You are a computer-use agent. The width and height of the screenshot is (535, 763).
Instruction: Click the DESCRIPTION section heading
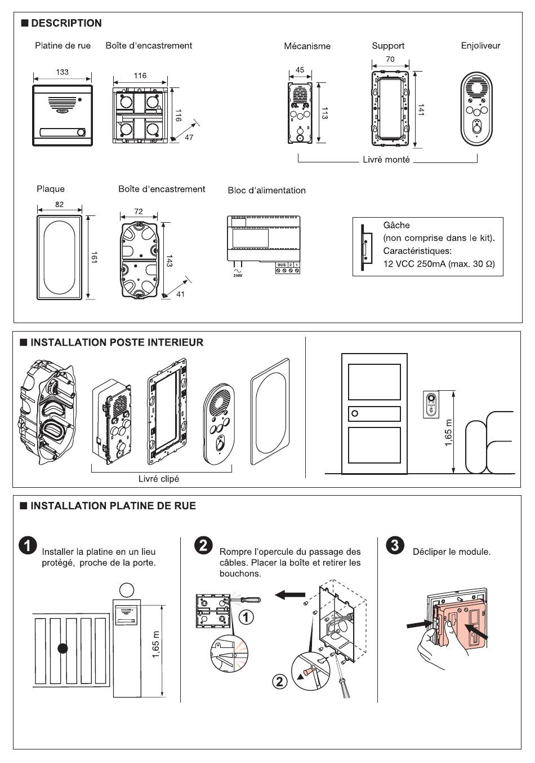coord(66,23)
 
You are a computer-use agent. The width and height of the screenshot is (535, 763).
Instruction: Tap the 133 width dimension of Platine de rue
coord(63,72)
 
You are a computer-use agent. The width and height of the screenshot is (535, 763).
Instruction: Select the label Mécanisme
coord(307,46)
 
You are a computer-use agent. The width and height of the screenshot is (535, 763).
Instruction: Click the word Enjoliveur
coord(480,46)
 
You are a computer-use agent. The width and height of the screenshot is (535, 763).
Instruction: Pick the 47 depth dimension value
coord(189,137)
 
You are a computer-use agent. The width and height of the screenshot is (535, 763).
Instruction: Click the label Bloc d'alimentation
coord(266,191)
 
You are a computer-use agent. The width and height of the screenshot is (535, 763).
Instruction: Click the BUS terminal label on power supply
coord(282,264)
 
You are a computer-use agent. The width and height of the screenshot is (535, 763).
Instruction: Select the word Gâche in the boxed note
coord(396,226)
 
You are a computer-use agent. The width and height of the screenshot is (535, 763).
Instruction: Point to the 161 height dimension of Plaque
coord(95,258)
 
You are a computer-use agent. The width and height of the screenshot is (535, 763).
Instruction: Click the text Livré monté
coord(386,160)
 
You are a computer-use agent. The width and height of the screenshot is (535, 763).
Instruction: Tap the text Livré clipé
coord(159,479)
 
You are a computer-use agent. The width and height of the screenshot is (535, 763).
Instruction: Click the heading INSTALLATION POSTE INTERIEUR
coord(117,342)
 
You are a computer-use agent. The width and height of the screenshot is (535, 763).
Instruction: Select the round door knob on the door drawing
coord(354,414)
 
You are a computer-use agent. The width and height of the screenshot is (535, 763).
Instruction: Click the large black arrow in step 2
coord(291,594)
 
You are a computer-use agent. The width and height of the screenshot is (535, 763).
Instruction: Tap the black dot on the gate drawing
coord(63,649)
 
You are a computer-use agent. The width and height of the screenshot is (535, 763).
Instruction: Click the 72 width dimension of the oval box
coord(139,211)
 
